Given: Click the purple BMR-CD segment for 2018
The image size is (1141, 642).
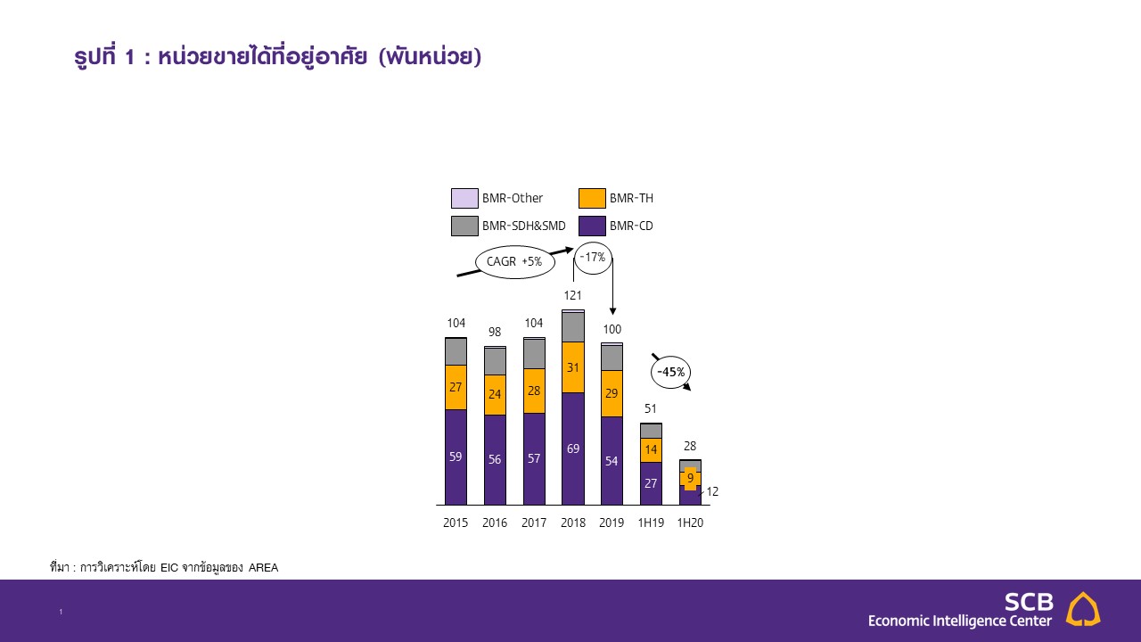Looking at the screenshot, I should (573, 449).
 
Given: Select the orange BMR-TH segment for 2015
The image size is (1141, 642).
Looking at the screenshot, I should (456, 387).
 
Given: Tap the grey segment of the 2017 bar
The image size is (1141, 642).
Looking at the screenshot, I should (534, 354).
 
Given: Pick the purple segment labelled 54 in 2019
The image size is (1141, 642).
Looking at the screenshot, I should (612, 461).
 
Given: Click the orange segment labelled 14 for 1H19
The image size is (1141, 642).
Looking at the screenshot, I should (651, 450).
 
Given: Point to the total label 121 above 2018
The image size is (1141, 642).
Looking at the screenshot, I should (573, 295).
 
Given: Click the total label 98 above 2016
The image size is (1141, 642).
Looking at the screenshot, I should (495, 332).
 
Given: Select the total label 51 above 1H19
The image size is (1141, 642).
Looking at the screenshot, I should (651, 409).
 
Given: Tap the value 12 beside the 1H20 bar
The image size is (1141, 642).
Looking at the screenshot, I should (712, 491).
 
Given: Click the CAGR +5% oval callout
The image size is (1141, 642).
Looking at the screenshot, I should (516, 261).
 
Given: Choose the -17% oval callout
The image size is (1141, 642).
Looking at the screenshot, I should (593, 258).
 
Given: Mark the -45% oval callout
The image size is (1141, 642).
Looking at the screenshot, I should (670, 372).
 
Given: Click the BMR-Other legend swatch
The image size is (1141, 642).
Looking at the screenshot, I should (464, 198).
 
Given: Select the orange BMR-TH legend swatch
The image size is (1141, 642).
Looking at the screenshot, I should (592, 198).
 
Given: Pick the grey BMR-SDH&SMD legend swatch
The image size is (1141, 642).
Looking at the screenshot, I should (464, 226).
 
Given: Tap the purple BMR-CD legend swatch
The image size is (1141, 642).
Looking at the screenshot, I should (592, 226).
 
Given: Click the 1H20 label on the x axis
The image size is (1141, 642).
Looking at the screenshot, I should (690, 523).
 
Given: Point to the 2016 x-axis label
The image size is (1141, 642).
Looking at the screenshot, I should (495, 523).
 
